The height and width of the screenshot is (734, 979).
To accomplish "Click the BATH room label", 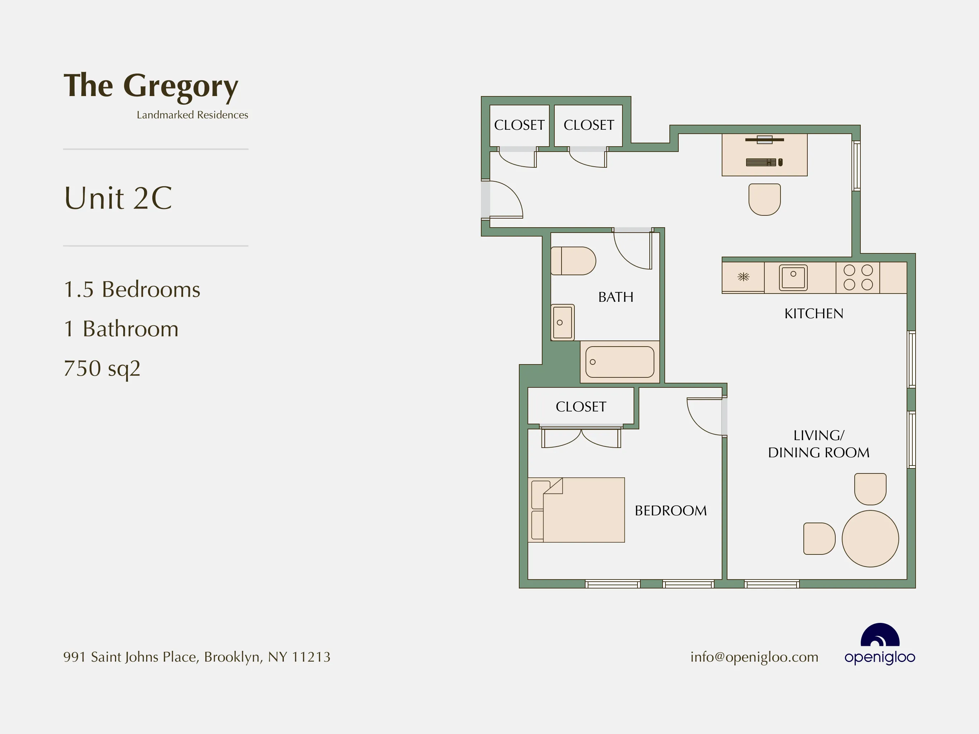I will (x=616, y=297).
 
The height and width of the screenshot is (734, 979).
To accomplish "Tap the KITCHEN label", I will (x=813, y=314).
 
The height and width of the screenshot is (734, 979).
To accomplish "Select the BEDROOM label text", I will (x=670, y=510).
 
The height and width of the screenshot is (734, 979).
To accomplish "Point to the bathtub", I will (x=620, y=362).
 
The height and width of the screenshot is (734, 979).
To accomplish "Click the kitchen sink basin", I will (x=793, y=277).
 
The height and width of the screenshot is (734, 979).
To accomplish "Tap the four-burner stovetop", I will (x=858, y=277).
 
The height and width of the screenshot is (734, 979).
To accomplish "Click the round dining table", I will (x=870, y=539).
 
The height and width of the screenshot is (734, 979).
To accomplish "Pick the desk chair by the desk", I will (x=764, y=199).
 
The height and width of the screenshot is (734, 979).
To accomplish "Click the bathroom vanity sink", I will (x=563, y=322).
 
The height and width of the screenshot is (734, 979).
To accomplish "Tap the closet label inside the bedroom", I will (x=581, y=407).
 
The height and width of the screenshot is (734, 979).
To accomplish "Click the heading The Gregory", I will (x=151, y=86).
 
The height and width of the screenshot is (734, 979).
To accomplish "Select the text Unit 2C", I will (x=118, y=198).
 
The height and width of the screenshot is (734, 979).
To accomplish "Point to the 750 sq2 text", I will (x=102, y=368).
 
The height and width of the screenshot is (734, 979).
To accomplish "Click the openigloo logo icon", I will (x=880, y=636).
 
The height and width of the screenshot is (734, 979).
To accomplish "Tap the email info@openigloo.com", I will (x=754, y=657).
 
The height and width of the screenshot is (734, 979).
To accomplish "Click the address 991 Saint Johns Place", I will (x=196, y=657).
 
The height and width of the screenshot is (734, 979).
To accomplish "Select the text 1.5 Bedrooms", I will (x=132, y=290).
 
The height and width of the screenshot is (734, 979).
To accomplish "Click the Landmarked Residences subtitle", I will (x=192, y=115).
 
